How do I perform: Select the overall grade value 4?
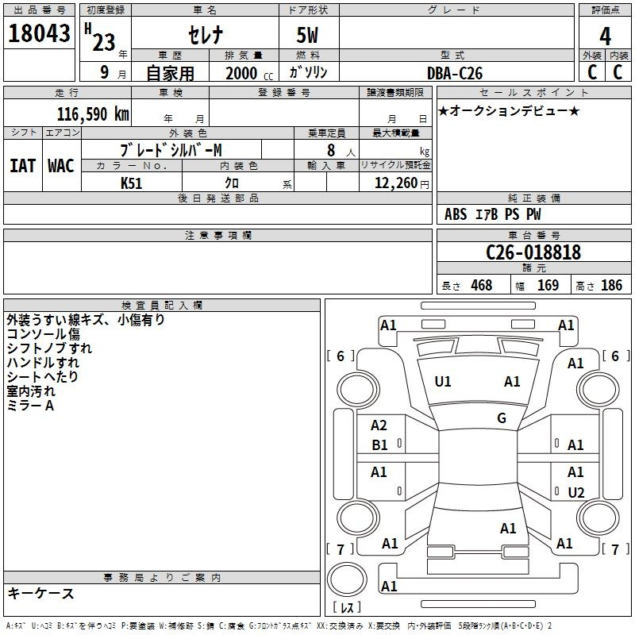[605, 36]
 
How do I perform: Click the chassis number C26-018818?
[533, 253]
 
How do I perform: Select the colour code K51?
[132, 183]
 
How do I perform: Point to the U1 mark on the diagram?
[443, 382]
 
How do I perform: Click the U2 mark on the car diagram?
[576, 493]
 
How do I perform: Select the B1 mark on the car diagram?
[380, 445]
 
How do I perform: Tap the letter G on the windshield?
[502, 418]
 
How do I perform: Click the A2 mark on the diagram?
[379, 426]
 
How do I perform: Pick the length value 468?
[481, 286]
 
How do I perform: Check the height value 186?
[611, 286]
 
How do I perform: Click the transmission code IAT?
[22, 166]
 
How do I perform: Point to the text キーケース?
[41, 593]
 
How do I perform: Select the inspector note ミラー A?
[30, 406]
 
